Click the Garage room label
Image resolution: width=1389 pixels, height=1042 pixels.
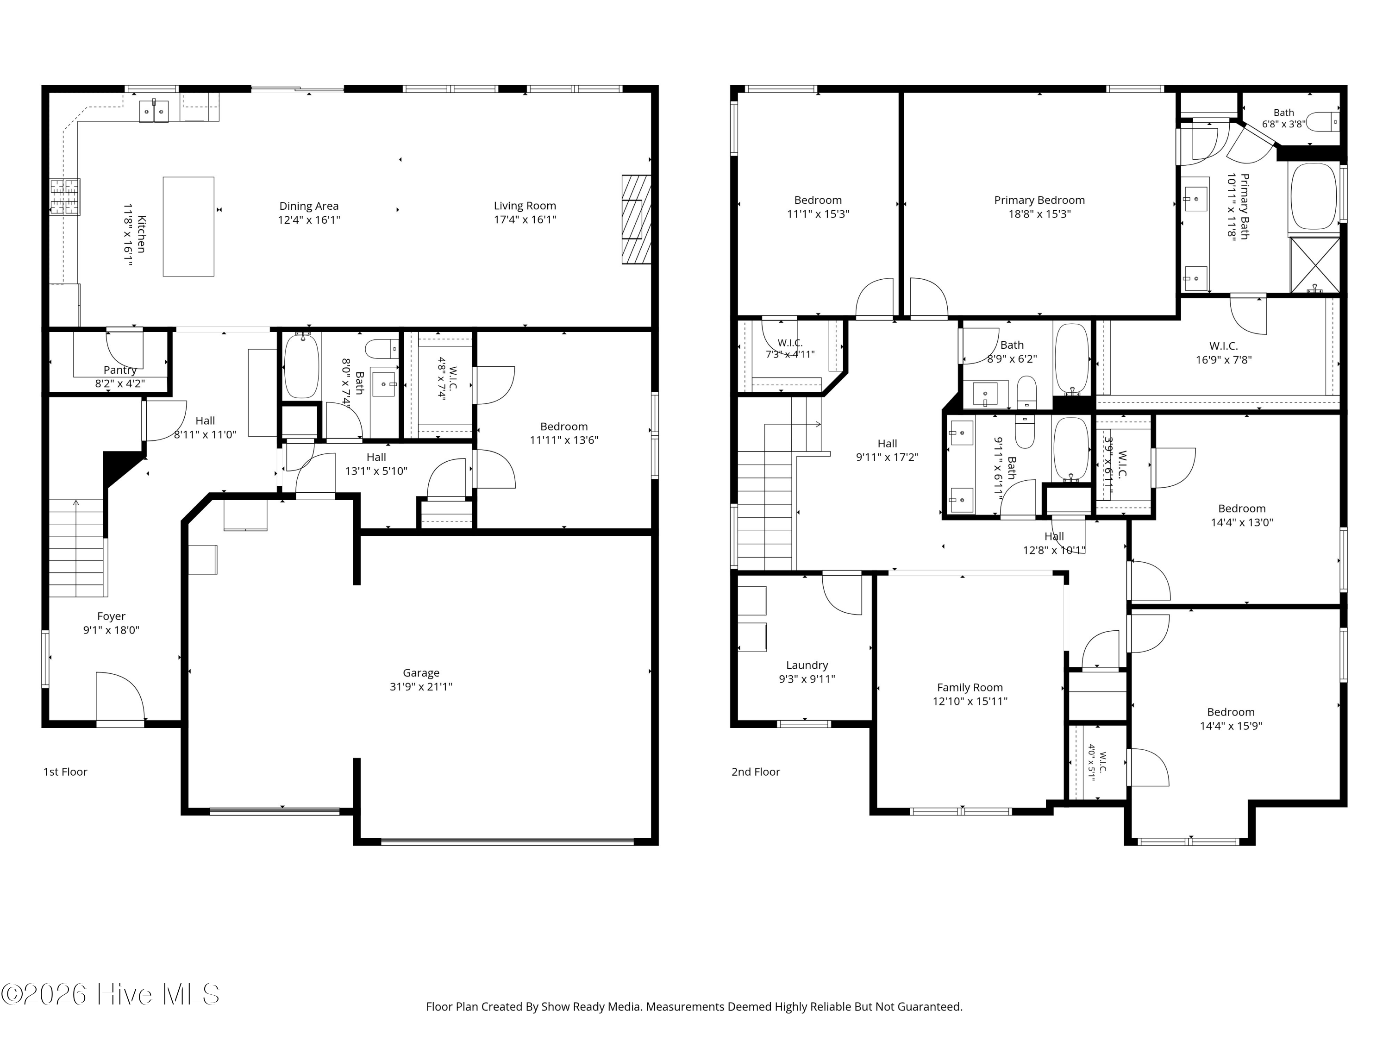[421, 673]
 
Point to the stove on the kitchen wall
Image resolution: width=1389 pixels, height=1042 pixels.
[65, 197]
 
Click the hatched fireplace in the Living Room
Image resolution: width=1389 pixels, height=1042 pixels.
[636, 219]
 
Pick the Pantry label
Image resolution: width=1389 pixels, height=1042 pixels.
[120, 370]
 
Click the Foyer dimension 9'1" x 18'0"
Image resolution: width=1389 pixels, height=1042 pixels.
[111, 630]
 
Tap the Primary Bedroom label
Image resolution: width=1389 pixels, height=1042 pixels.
[1039, 201]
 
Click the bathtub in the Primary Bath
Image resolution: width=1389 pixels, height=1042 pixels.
[1314, 197]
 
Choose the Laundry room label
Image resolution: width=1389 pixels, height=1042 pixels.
[807, 665]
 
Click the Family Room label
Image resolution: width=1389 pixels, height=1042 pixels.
[970, 688]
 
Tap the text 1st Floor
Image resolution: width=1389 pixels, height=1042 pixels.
[65, 772]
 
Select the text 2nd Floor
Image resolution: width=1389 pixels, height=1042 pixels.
[756, 772]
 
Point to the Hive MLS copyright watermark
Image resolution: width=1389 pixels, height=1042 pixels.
[111, 994]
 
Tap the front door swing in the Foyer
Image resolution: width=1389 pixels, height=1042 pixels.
[120, 697]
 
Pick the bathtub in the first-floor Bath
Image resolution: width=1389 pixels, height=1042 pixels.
[301, 366]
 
